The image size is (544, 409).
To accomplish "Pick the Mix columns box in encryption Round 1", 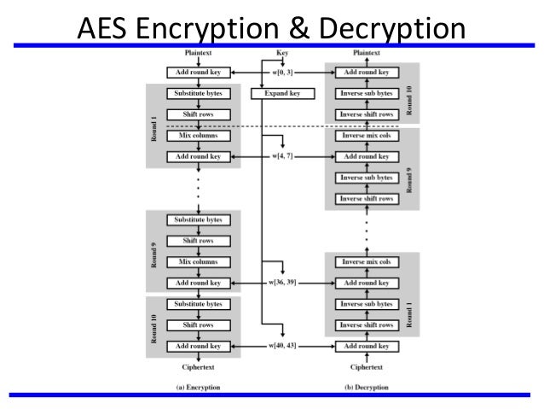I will pyautogui.click(x=198, y=136).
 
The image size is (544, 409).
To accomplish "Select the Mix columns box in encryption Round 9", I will pyautogui.click(x=198, y=261).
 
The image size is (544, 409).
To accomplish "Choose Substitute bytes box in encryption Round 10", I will pyautogui.click(x=198, y=303).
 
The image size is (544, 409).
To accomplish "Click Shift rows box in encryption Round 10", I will pyautogui.click(x=198, y=324).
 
